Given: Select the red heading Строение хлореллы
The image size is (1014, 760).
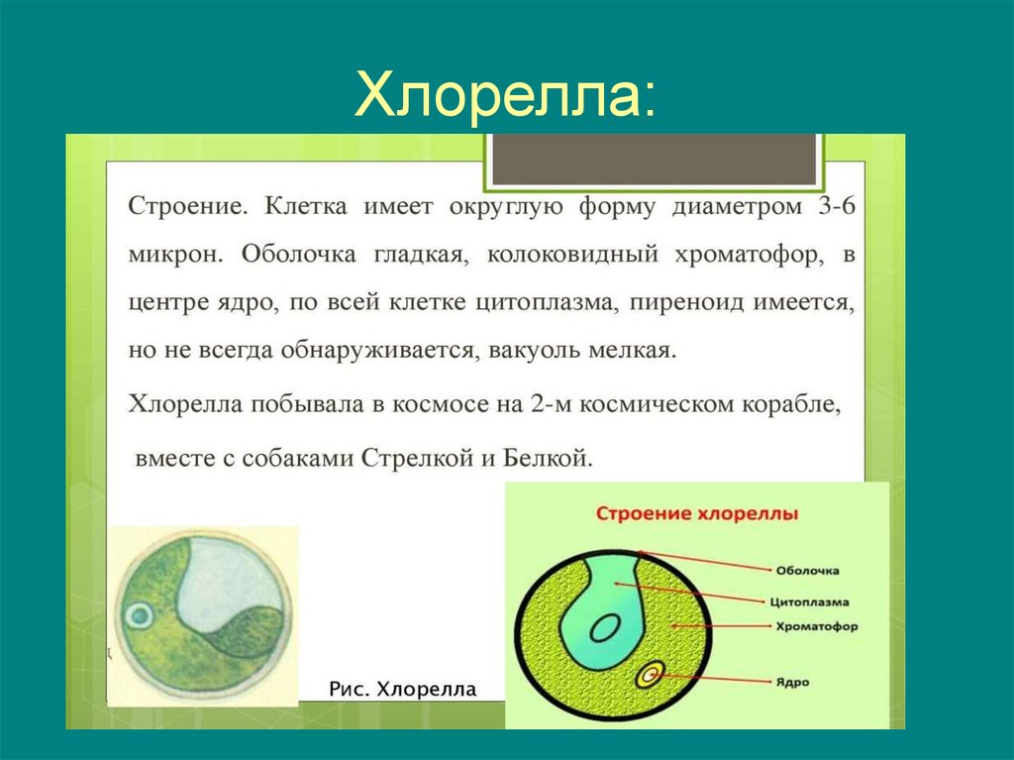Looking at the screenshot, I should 697,514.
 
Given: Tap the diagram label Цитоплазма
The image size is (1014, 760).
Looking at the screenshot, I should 809,600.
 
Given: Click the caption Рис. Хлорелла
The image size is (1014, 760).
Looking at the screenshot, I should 402,689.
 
